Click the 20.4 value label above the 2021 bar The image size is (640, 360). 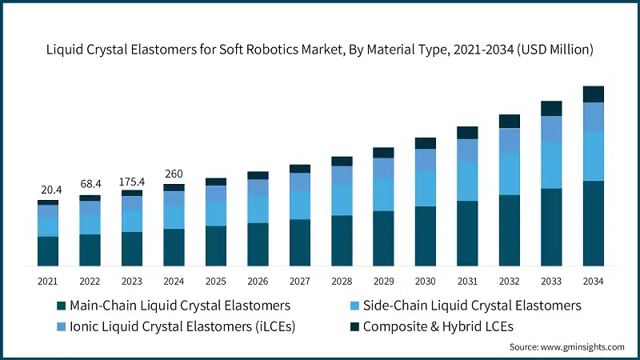pyautogui.click(x=48, y=190)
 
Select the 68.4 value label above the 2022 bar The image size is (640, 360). pyautogui.click(x=90, y=184)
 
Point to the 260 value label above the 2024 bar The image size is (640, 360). pyautogui.click(x=174, y=174)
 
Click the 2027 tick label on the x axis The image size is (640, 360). pyautogui.click(x=299, y=281)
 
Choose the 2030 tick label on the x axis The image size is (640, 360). pyautogui.click(x=425, y=281)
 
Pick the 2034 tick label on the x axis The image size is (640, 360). pyautogui.click(x=593, y=281)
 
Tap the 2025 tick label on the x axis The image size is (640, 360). pyautogui.click(x=215, y=281)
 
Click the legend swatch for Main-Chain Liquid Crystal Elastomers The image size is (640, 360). pyautogui.click(x=61, y=306)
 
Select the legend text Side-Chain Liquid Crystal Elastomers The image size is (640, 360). pyautogui.click(x=472, y=306)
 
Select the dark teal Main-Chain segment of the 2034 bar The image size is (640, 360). pyautogui.click(x=593, y=223)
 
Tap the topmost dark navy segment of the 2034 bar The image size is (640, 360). pyautogui.click(x=593, y=94)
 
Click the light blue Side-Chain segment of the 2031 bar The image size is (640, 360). pyautogui.click(x=467, y=182)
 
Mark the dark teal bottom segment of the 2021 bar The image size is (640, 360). pyautogui.click(x=48, y=250)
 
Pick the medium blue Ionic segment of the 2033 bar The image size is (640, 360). pyautogui.click(x=551, y=130)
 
